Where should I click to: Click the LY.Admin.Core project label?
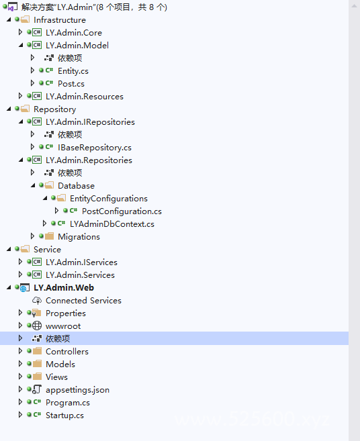click(x=74, y=33)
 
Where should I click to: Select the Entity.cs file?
click(x=73, y=71)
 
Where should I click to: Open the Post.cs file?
click(x=71, y=84)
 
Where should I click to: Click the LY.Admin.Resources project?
click(x=85, y=97)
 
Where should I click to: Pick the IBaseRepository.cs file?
click(x=95, y=148)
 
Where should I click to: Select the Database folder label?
click(x=77, y=186)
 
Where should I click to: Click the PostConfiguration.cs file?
click(x=122, y=211)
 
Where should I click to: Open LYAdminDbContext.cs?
click(x=112, y=224)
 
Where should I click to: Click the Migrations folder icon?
click(x=49, y=236)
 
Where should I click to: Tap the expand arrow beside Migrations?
click(x=32, y=236)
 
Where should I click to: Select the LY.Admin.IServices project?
click(x=82, y=262)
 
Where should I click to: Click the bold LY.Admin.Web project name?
click(x=64, y=288)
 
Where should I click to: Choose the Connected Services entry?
click(x=83, y=301)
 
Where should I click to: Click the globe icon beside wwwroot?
click(x=37, y=326)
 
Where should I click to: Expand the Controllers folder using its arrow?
click(x=20, y=351)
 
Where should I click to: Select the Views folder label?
click(x=57, y=377)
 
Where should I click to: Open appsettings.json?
click(x=78, y=390)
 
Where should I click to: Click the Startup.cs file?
click(x=64, y=415)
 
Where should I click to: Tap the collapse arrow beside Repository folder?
click(x=9, y=109)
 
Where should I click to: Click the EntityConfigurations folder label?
click(x=109, y=199)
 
